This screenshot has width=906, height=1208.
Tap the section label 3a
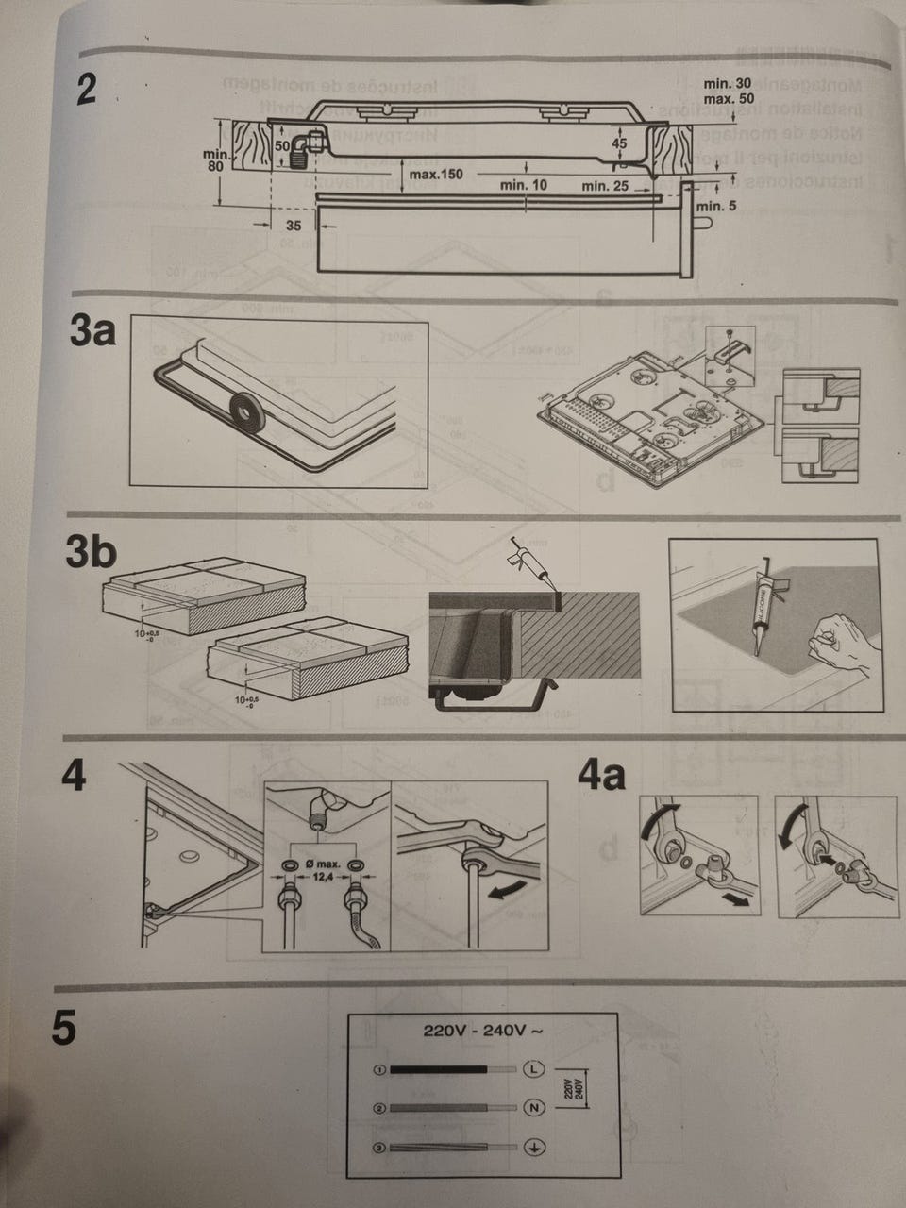click(92, 331)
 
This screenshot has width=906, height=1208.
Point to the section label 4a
click(600, 776)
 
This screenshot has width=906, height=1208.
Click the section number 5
click(62, 1030)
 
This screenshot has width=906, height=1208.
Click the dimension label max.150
click(437, 176)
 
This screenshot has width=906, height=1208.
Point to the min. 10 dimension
click(524, 185)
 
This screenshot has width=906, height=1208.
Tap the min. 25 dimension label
click(605, 186)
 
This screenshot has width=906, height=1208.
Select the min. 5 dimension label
click(716, 206)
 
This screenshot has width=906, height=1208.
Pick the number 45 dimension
click(619, 143)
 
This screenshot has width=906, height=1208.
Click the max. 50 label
click(729, 98)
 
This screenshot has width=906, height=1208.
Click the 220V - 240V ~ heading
click(481, 1030)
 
